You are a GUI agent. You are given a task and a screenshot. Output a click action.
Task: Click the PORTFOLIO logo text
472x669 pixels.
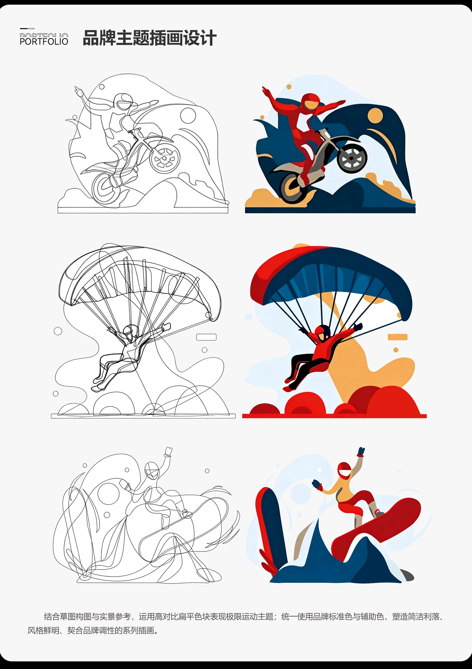click(44, 41)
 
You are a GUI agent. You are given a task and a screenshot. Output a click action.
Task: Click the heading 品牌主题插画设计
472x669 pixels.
click(149, 38)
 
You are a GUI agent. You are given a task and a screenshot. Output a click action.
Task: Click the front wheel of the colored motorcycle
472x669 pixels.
click(352, 158)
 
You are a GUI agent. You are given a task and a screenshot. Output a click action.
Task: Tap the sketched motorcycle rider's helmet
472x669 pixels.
click(123, 102)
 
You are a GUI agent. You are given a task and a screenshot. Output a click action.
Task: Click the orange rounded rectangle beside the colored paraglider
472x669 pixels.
click(398, 337)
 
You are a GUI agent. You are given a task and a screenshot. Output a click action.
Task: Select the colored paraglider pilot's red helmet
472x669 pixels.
click(323, 331)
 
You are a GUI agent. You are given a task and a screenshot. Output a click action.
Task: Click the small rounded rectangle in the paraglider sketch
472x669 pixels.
click(206, 337)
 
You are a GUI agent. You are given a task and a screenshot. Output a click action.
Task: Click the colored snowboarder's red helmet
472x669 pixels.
click(344, 470)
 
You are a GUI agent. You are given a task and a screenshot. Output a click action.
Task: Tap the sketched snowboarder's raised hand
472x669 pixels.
click(168, 451)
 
